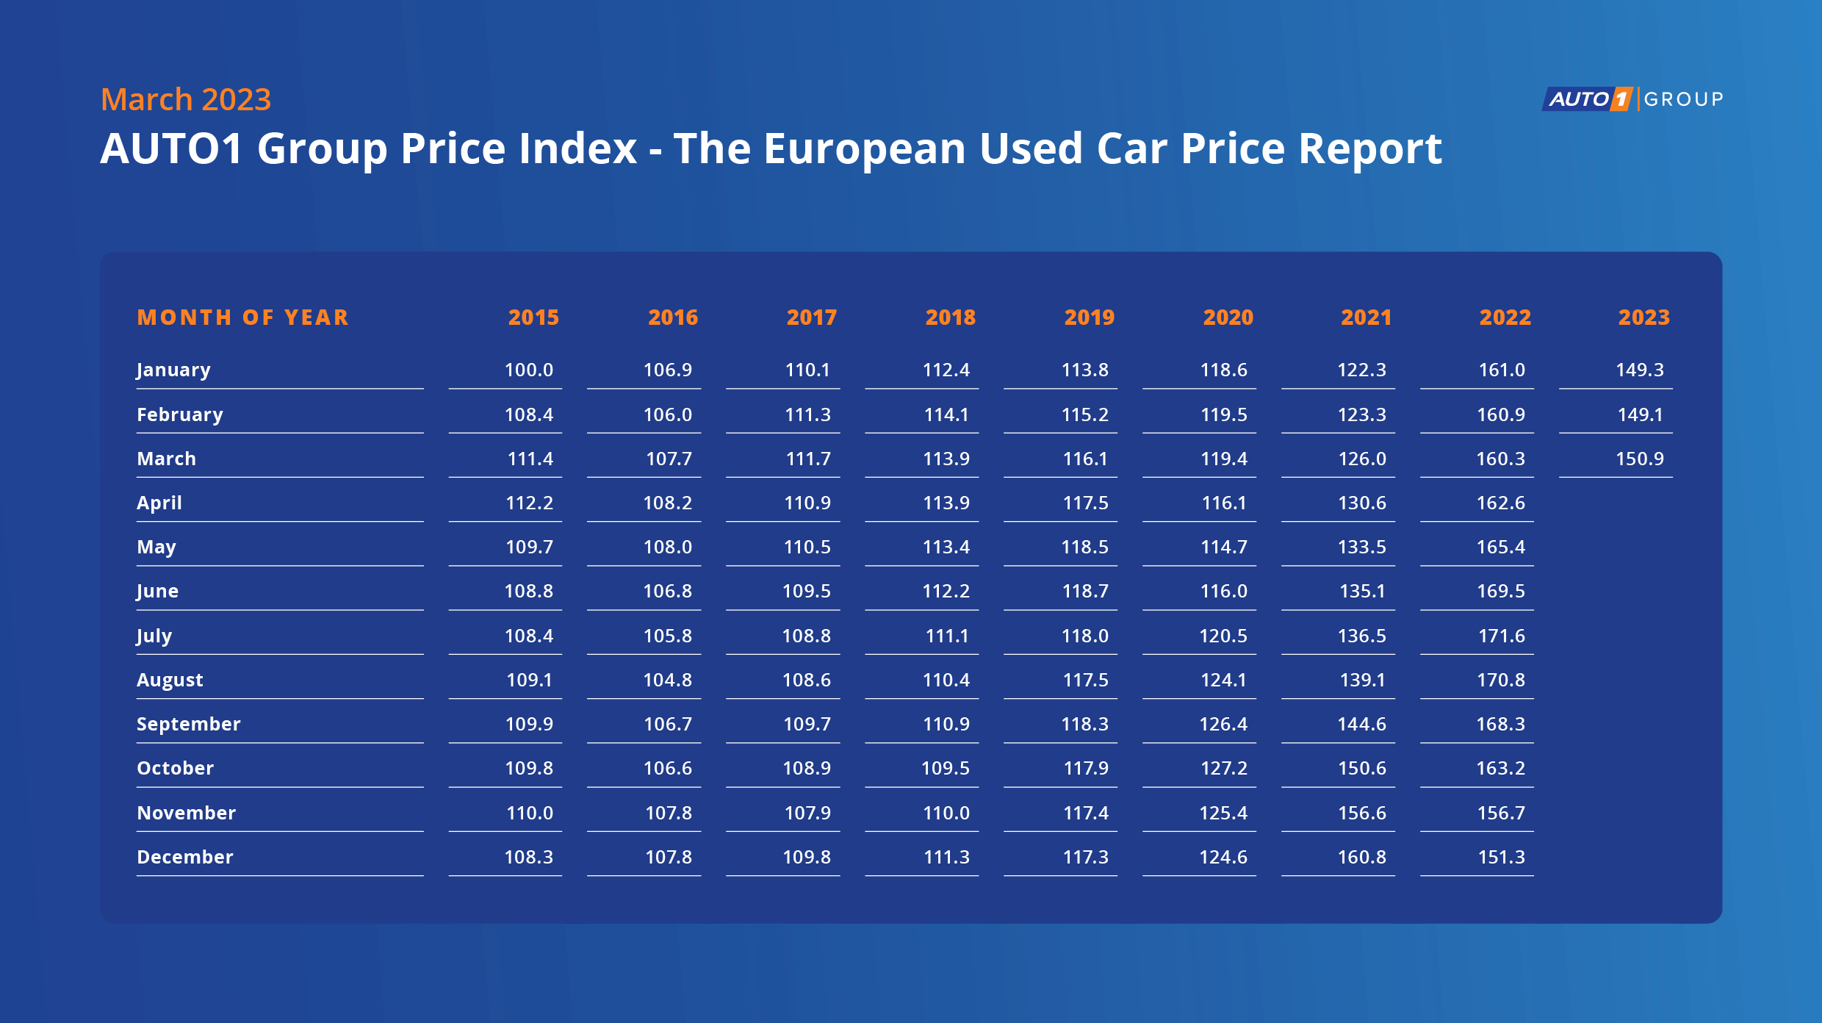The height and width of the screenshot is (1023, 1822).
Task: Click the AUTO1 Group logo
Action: (1632, 98)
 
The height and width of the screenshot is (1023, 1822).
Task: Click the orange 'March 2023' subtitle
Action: (186, 99)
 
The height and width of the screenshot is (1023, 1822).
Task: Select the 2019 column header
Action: (1089, 317)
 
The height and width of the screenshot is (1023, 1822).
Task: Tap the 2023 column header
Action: (1643, 317)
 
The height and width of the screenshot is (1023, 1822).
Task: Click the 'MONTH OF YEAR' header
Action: (243, 317)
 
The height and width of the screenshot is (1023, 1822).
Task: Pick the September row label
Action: (189, 724)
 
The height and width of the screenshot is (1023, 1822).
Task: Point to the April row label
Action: (159, 503)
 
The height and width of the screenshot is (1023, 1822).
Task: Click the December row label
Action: (185, 857)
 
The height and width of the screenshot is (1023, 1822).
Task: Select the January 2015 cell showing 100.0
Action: (529, 370)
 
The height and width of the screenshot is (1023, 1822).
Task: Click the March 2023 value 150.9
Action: (1639, 459)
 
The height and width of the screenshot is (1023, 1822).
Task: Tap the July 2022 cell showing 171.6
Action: (1501, 636)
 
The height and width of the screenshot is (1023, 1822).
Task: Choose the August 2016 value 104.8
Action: (667, 680)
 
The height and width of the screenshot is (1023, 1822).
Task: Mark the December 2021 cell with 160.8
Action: (1361, 857)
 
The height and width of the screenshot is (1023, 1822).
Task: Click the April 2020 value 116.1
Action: (1223, 503)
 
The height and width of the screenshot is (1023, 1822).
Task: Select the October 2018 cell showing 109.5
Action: (946, 768)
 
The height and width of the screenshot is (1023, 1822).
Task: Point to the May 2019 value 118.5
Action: (1084, 547)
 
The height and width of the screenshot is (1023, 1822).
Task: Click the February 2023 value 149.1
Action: (1639, 414)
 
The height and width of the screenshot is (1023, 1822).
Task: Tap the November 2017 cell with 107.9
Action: (807, 813)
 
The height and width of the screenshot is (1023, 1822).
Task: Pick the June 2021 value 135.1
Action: (1361, 591)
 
